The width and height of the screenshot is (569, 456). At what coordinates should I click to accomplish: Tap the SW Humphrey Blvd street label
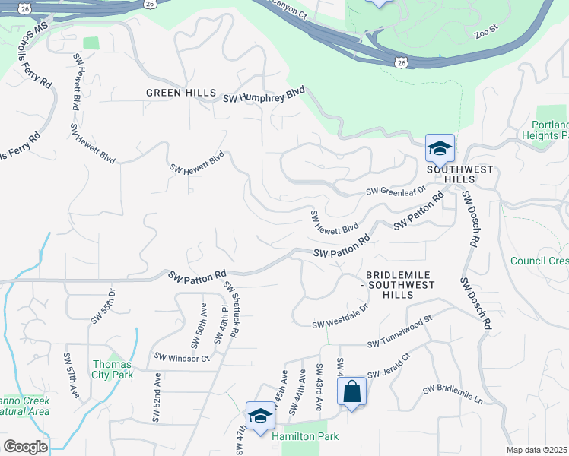coord(263,97)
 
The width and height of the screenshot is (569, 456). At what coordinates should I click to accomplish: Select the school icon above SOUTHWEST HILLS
coord(440,149)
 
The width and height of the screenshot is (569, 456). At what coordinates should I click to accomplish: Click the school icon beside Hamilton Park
coord(260,416)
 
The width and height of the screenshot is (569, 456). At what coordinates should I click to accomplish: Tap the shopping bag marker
coord(351,393)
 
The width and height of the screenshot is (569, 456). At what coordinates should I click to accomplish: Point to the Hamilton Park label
coord(306,436)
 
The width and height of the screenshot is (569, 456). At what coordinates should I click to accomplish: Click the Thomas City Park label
coord(113,369)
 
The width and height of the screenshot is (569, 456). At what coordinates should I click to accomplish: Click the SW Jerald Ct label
coord(389,366)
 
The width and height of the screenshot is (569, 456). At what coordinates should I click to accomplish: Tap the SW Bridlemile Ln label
coord(453,394)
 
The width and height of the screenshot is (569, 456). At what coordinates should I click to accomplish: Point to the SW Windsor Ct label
coord(181,357)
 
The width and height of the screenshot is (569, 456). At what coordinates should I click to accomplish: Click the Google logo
coord(25,447)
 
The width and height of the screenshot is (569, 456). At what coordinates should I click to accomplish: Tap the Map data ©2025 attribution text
coord(537,450)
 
